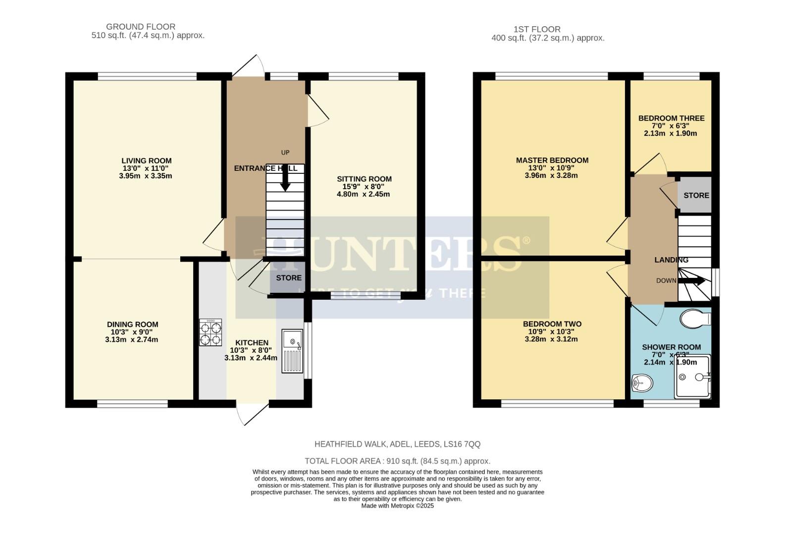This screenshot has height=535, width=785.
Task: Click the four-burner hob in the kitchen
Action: coord(210,332)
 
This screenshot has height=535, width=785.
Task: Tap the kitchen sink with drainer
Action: coord(292,351)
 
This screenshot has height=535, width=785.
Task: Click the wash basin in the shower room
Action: coord(643,383)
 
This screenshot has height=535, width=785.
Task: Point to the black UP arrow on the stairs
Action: coord(285,179)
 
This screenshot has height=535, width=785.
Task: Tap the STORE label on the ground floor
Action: coord(289,278)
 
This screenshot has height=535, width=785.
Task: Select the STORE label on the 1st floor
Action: coord(696,195)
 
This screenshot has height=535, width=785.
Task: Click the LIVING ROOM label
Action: coord(147,160)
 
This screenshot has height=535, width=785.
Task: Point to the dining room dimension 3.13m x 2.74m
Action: coord(132,340)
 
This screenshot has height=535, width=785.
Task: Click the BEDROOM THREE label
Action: coord(671,118)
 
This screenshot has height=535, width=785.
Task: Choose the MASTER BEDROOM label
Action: coord(552,160)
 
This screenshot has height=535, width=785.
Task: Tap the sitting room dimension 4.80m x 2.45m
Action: coord(364,194)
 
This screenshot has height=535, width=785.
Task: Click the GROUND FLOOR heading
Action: coord(141,27)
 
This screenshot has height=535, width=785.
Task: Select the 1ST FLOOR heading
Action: coord(537,29)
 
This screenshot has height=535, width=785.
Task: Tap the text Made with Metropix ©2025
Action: coord(397,506)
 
